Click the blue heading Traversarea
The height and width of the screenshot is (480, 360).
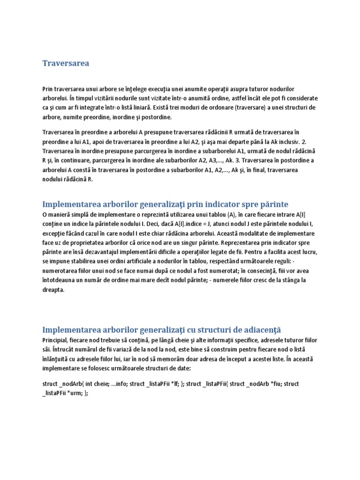66,63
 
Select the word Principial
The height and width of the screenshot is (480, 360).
57,340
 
